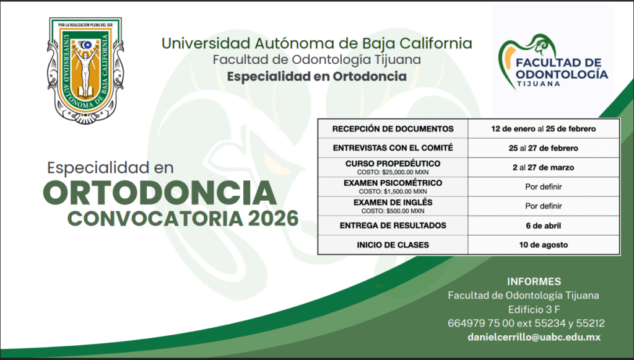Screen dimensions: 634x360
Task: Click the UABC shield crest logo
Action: (x=85, y=70)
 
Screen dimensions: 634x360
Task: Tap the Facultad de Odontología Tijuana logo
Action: (x=553, y=61)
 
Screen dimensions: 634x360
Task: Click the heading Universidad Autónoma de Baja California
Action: (x=316, y=43)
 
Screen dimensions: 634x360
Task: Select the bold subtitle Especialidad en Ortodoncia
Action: (x=316, y=76)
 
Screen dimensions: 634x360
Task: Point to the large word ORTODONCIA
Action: (x=160, y=193)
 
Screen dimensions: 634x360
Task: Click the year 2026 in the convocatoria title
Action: (x=273, y=219)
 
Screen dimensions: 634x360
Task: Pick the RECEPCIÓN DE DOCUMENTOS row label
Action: (x=393, y=129)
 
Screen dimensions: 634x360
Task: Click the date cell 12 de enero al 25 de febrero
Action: (x=544, y=129)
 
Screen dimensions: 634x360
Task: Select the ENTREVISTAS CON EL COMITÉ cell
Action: (x=393, y=148)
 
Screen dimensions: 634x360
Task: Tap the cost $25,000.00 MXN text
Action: (x=393, y=172)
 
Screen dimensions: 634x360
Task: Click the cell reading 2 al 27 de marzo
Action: (x=544, y=167)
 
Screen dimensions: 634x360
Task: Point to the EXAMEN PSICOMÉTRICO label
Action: (x=393, y=183)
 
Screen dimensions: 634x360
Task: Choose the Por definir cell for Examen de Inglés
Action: (x=544, y=206)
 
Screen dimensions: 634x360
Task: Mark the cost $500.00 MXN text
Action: (x=393, y=211)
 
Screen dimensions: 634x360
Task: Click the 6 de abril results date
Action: (x=544, y=226)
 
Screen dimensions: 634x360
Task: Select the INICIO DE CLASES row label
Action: (x=393, y=245)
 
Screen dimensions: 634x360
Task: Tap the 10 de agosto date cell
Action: (x=544, y=245)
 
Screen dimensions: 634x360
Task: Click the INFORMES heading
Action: (x=534, y=281)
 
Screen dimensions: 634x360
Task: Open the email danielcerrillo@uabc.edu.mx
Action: (x=534, y=337)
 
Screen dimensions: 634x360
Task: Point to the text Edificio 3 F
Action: (x=534, y=309)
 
